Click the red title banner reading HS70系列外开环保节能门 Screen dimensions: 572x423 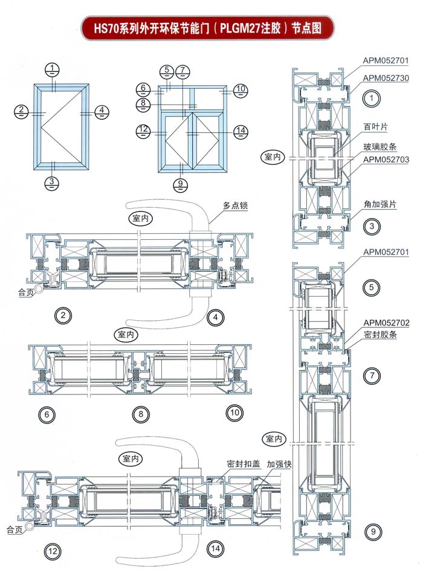(207, 27)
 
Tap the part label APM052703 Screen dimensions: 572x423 (386, 159)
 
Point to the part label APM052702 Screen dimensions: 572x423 (387, 323)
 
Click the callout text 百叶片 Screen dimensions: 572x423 (375, 127)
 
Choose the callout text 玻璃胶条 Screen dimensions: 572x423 (379, 147)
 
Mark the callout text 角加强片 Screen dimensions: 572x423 (379, 204)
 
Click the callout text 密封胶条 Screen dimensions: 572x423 (380, 334)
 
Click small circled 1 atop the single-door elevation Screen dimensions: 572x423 (54, 68)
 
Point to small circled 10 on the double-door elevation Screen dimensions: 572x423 (241, 89)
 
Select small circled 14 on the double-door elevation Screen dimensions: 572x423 (241, 130)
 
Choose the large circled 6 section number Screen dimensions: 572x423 (46, 414)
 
